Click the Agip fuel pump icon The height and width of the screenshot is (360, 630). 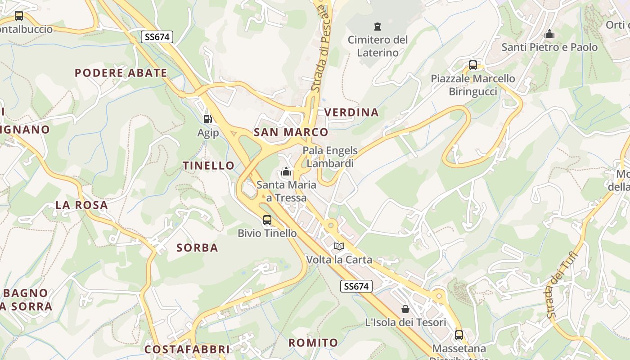207,119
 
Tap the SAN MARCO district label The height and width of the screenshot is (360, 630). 291,132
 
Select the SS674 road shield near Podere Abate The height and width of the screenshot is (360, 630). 157,37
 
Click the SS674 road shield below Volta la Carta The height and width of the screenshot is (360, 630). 356,286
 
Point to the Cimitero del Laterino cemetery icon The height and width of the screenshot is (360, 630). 378,27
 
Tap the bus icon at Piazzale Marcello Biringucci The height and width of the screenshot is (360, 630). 473,65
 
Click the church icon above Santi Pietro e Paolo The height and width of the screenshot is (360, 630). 549,34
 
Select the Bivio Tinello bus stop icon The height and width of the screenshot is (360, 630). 267,220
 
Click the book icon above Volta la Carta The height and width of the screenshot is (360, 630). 339,247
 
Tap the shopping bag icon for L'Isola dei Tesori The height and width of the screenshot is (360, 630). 405,309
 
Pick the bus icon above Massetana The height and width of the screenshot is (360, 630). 459,335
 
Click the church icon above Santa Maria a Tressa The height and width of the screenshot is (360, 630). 286,171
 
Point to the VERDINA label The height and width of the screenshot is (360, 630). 351,112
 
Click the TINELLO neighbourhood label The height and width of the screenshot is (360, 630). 209,166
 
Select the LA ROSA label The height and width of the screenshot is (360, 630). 81,205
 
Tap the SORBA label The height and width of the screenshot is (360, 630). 197,247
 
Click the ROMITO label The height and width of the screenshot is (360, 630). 313,342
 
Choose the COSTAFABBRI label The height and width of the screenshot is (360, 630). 187,349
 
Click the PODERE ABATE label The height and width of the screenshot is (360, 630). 121,73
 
